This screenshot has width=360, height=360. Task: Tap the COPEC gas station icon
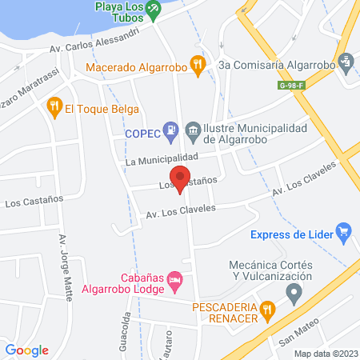170,129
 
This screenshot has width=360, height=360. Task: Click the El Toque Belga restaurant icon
54,104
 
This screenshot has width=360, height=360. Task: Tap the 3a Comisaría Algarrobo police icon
345,60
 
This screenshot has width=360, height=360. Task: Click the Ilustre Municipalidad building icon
193,129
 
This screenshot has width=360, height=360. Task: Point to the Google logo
27,350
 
